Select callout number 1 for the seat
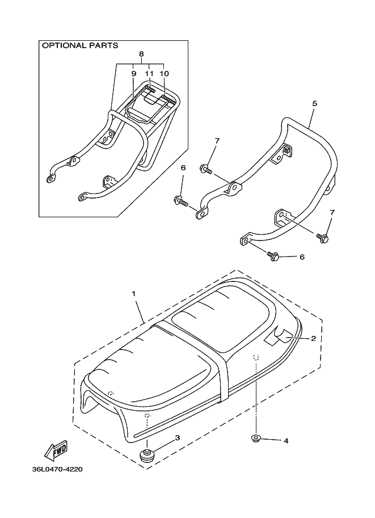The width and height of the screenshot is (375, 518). tap(134, 294)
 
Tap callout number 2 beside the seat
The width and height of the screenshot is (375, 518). tap(313, 338)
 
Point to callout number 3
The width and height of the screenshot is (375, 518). tap(177, 437)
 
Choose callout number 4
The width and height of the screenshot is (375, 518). tap(286, 440)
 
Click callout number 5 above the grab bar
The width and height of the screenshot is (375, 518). tap(314, 104)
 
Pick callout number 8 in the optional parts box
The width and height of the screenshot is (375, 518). tap(141, 54)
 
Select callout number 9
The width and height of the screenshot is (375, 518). tap(134, 74)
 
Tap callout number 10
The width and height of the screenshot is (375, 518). tap(164, 74)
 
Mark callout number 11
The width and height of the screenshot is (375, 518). tap(149, 74)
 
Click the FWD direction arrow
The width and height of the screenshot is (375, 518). tap(56, 451)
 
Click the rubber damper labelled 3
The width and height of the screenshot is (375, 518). tap(147, 454)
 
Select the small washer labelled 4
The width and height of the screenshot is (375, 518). tap(255, 438)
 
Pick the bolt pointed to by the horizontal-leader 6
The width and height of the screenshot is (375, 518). tap(273, 256)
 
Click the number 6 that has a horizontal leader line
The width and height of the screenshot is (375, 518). tap(302, 257)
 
